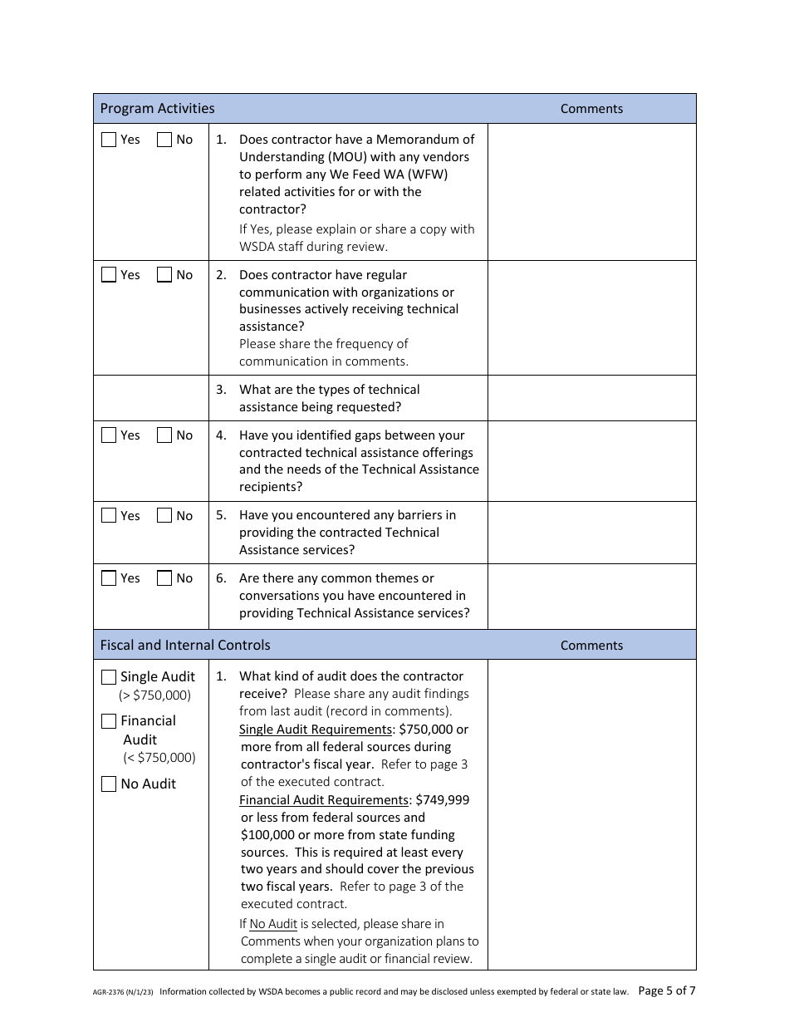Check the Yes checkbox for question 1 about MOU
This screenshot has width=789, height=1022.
tap(109, 140)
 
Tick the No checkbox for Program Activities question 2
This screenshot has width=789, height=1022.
tap(164, 275)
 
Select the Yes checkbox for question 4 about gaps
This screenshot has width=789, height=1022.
tap(109, 435)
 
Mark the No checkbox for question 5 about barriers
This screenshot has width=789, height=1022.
tap(164, 516)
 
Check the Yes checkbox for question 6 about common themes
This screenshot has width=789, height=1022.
tap(109, 578)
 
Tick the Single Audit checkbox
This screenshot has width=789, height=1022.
tap(109, 677)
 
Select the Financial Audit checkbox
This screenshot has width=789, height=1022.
tap(109, 721)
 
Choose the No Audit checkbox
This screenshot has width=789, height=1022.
tap(109, 784)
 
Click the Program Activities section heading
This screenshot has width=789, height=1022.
tap(157, 108)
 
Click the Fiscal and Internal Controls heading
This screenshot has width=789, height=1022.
tap(185, 645)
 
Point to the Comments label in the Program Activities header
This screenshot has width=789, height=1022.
tap(591, 109)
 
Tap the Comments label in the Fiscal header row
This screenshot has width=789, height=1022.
tap(591, 646)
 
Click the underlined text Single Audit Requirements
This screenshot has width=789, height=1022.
tap(316, 730)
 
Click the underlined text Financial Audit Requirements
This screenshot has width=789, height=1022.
tap(324, 800)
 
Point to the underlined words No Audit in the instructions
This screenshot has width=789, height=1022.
tap(273, 924)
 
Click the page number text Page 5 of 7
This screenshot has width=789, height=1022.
tap(666, 990)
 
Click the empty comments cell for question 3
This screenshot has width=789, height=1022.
tap(591, 398)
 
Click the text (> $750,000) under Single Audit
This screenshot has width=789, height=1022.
tap(154, 695)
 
